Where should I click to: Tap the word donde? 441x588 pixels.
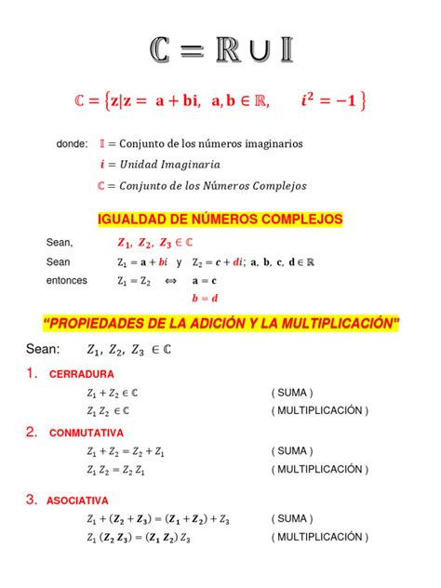point(72,144)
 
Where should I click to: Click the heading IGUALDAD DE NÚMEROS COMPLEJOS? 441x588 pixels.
point(220,220)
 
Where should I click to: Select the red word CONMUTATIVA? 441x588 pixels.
point(86,433)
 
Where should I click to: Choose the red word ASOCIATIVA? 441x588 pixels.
point(78,500)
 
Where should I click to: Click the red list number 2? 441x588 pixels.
point(31,432)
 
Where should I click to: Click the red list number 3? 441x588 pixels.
point(31,500)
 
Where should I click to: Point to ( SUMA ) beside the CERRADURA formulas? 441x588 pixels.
point(293,392)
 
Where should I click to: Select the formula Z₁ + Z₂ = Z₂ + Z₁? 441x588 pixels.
point(125,451)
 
